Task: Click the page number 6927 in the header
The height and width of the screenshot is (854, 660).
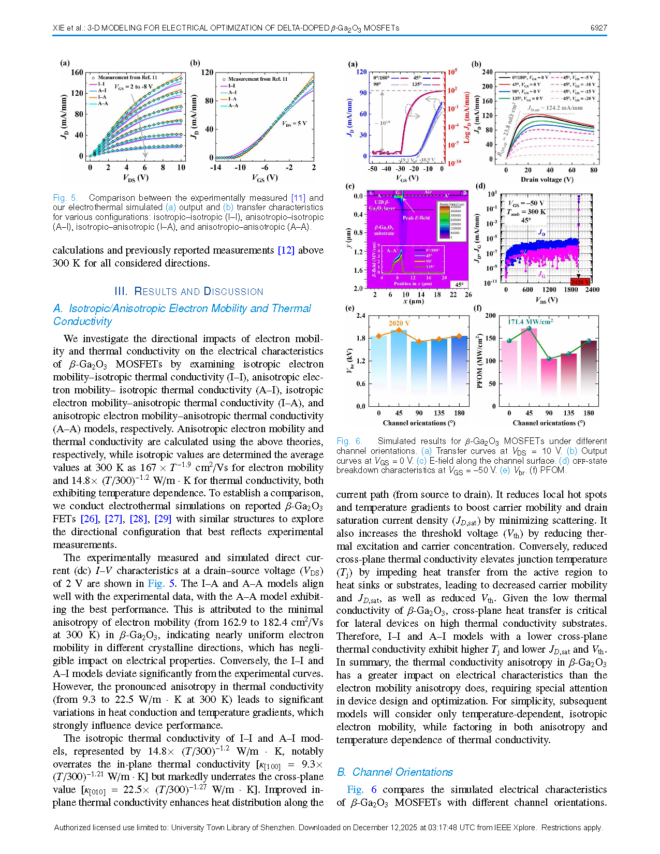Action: tap(598, 28)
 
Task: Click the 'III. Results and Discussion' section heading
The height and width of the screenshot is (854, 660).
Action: tap(188, 291)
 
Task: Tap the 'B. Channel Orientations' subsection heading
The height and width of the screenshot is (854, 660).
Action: tap(395, 772)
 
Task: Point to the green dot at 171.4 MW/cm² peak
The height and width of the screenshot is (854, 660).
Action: tap(529, 329)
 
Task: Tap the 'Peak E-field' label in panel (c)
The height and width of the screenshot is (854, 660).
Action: tap(416, 218)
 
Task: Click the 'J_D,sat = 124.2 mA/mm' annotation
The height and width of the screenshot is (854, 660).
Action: tap(555, 108)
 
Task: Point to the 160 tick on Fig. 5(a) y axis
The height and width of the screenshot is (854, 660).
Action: tap(77, 72)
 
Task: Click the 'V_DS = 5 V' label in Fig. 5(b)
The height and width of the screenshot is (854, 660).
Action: tap(294, 124)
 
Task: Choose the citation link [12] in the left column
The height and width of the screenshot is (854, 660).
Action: tap(286, 251)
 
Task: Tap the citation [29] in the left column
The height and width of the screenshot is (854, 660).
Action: tap(163, 519)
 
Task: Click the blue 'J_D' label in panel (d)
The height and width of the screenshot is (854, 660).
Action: tap(541, 233)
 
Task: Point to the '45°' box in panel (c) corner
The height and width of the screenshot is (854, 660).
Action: tap(459, 285)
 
